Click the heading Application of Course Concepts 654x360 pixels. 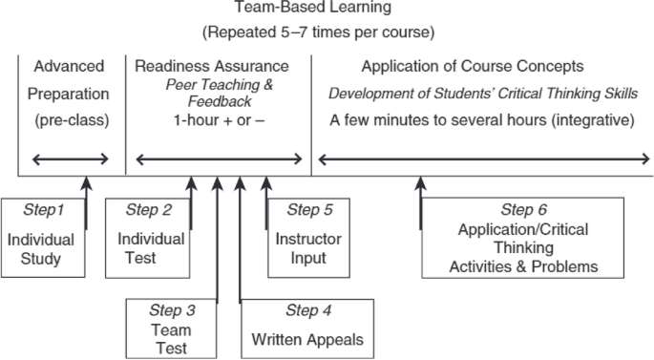point(473,67)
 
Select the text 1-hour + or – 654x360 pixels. point(211,121)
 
